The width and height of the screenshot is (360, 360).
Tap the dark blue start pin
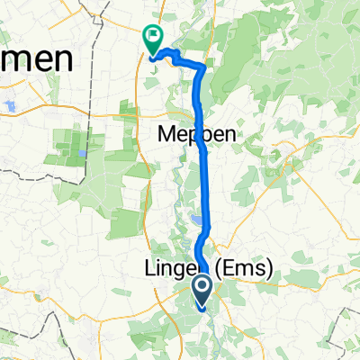[x=202, y=290]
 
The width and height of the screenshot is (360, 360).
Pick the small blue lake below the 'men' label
[x=8, y=107]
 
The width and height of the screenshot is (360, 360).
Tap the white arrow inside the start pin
[x=202, y=288]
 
